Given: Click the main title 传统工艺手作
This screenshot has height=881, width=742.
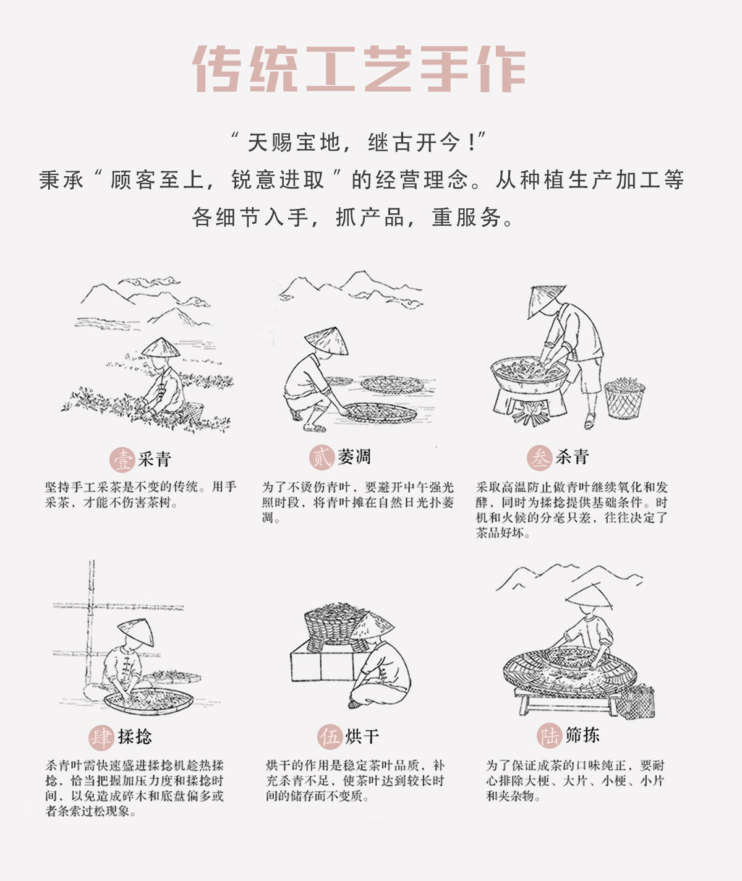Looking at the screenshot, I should pyautogui.click(x=359, y=69).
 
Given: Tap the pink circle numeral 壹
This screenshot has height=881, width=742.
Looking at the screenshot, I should pyautogui.click(x=122, y=460).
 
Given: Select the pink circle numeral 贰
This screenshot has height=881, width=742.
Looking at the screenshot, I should pyautogui.click(x=322, y=458).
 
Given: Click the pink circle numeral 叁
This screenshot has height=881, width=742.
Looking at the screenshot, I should pyautogui.click(x=539, y=458).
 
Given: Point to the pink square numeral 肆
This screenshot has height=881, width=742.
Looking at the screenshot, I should pyautogui.click(x=101, y=737).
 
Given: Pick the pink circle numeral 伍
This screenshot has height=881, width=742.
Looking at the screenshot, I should pyautogui.click(x=330, y=737).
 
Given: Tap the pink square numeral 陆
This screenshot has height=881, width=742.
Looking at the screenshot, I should pyautogui.click(x=548, y=736).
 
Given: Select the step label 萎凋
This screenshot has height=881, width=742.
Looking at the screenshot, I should pyautogui.click(x=354, y=458).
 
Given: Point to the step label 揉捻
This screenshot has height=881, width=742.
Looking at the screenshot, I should pyautogui.click(x=135, y=737).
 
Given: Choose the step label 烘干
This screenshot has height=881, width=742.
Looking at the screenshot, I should pyautogui.click(x=362, y=737).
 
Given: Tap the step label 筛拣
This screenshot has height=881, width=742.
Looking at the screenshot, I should pyautogui.click(x=582, y=736).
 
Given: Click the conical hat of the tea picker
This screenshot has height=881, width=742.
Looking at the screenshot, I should pyautogui.click(x=161, y=348).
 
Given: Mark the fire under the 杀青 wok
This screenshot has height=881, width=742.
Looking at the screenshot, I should pyautogui.click(x=531, y=413).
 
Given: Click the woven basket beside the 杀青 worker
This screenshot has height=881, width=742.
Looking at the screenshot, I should pyautogui.click(x=625, y=399).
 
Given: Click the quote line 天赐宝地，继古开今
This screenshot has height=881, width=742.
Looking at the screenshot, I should pyautogui.click(x=359, y=143).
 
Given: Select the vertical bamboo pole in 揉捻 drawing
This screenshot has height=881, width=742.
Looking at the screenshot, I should pyautogui.click(x=92, y=624).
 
